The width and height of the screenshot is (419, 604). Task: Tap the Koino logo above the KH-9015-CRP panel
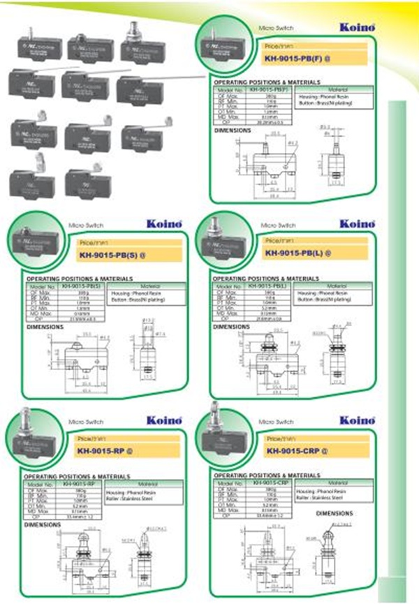[x=358, y=421]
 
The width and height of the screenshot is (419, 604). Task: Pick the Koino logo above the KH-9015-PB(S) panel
[x=165, y=224]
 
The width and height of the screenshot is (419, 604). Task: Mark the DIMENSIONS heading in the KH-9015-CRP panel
[x=335, y=513]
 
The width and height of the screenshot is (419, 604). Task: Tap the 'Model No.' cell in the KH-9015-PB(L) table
[x=228, y=286]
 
